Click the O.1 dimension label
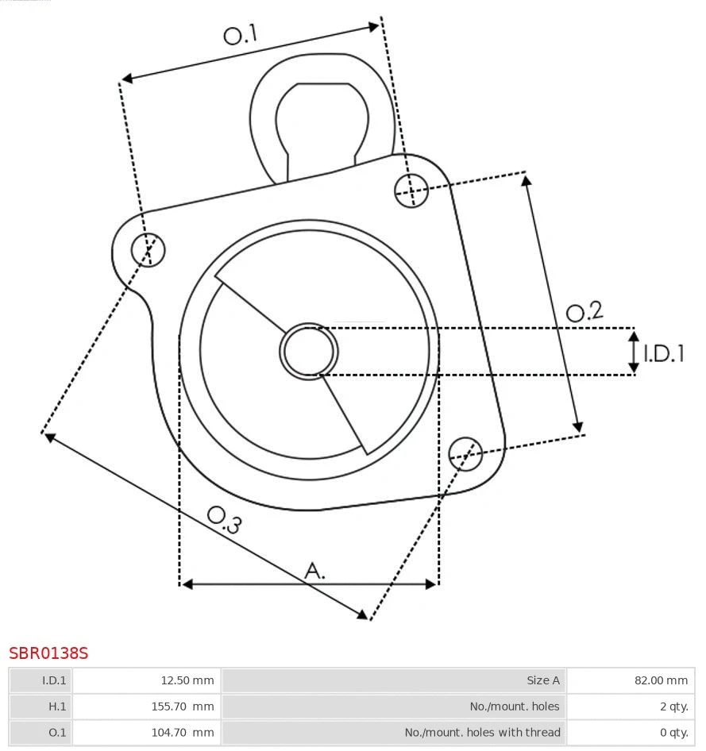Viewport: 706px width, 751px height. [241, 34]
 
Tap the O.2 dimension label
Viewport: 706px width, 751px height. [584, 311]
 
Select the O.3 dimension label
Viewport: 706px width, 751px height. [224, 519]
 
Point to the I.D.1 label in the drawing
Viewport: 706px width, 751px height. [663, 353]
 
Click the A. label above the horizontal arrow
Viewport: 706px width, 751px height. [315, 570]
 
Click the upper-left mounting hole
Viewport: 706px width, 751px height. [149, 250]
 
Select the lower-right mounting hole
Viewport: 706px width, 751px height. [465, 453]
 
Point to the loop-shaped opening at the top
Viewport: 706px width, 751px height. [322, 119]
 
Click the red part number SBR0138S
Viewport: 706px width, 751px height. [48, 653]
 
